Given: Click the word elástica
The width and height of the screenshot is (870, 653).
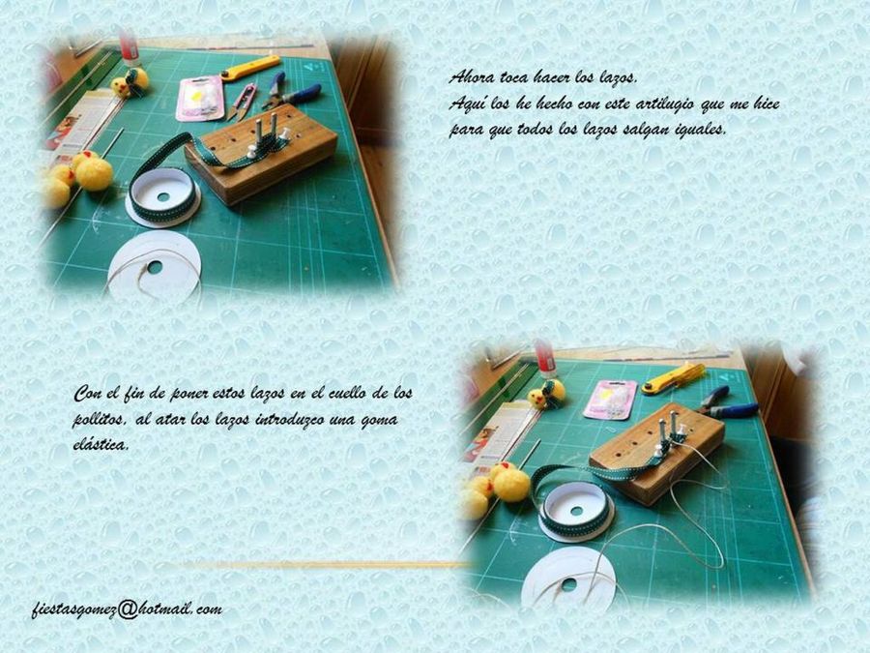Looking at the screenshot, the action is click(x=101, y=445).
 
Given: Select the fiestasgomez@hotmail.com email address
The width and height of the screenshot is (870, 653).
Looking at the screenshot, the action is click(x=127, y=609).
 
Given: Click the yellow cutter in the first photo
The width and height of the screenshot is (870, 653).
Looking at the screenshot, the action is click(x=250, y=68).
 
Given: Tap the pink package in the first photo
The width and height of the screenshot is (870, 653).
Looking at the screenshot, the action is click(x=200, y=99).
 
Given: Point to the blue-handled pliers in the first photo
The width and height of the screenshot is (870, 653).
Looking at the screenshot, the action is click(x=292, y=92).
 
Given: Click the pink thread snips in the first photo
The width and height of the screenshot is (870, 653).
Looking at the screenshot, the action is click(x=242, y=103).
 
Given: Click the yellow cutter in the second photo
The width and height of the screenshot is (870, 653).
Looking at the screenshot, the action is click(x=673, y=378).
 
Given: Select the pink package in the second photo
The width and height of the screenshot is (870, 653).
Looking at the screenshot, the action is click(x=610, y=400).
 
